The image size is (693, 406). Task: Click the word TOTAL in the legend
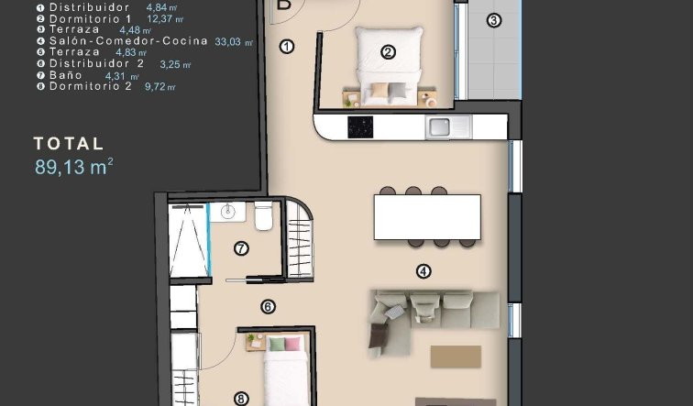pyautogui.click(x=69, y=144)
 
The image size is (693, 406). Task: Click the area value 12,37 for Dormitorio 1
pyautogui.click(x=165, y=17)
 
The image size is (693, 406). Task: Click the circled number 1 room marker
pyautogui.click(x=287, y=46)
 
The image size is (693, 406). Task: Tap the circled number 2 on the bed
pyautogui.click(x=388, y=52)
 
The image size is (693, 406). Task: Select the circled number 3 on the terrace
pyautogui.click(x=494, y=20)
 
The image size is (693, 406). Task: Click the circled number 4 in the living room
pyautogui.click(x=423, y=270)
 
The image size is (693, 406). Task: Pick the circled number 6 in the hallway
pyautogui.click(x=269, y=308)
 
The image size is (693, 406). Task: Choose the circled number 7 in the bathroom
pyautogui.click(x=241, y=247)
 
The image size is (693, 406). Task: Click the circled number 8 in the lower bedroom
pyautogui.click(x=241, y=398)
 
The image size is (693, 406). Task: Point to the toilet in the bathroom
pyautogui.click(x=264, y=216)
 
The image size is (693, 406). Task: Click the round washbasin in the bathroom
pyautogui.click(x=229, y=214)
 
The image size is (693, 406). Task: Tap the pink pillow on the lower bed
pyautogui.click(x=291, y=344)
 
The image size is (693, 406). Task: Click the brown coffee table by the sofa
pyautogui.click(x=456, y=356)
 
